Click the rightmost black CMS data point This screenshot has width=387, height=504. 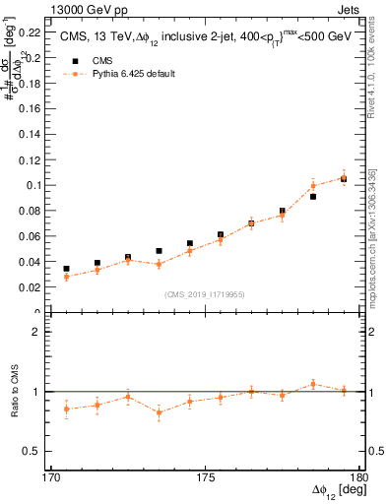tap(344, 178)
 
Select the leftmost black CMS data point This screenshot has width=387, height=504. tap(66, 269)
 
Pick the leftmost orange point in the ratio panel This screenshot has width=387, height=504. tap(66, 409)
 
